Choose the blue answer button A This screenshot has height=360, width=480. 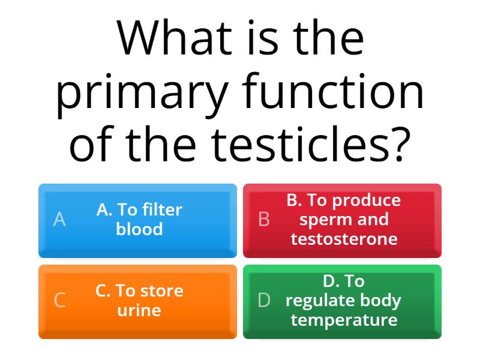pos(137,220)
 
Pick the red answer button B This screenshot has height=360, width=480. pos(342,220)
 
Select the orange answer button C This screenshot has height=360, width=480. pos(137,301)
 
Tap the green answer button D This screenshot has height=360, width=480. pos(342,301)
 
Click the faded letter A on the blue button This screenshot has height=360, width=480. pos(59,220)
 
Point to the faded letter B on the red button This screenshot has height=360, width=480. pos(263,220)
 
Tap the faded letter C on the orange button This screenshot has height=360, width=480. pos(59,301)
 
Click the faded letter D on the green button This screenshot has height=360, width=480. pos(264,301)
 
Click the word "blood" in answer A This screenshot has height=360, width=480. pos(139,230)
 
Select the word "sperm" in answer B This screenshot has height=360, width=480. pos(323,220)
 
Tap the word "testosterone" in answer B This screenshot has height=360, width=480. pos(344,239)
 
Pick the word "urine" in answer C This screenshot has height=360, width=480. pos(139,311)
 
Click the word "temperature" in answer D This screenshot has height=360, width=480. pos(344,320)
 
